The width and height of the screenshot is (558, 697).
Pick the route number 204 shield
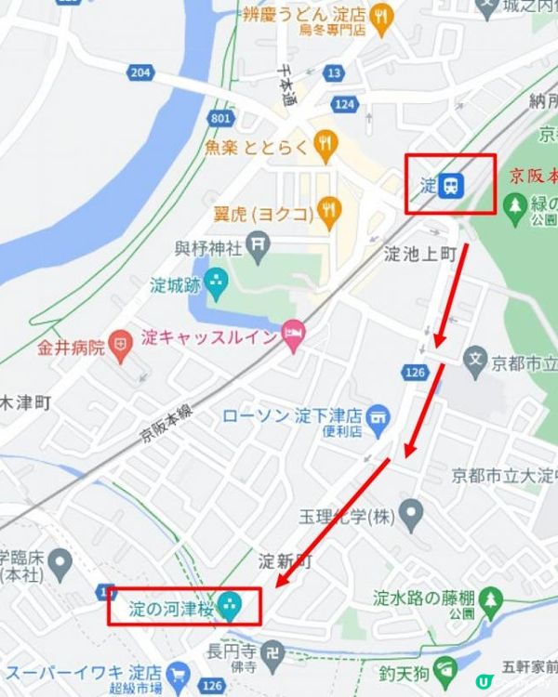pyautogui.click(x=140, y=72)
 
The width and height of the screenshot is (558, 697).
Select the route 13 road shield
pyautogui.click(x=334, y=72)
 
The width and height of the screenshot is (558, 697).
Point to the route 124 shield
pyautogui.click(x=344, y=104)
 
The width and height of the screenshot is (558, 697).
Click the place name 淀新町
pyautogui.click(x=286, y=561)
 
